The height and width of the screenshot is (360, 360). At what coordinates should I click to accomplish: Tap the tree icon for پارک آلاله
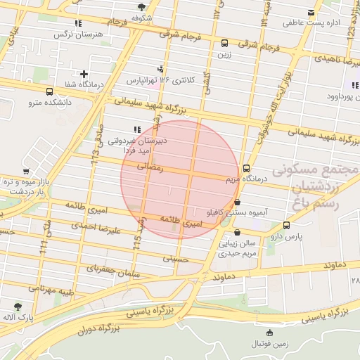(x=18, y=307)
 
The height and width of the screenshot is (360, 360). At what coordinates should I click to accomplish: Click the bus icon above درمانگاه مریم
(x=246, y=169)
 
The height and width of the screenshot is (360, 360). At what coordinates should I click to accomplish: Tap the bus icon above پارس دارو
(x=286, y=226)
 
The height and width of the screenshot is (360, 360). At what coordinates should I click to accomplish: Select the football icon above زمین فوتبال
(x=269, y=333)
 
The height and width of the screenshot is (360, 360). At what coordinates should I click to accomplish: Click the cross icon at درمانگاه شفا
(x=84, y=74)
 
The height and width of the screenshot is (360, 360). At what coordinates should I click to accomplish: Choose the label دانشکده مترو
(x=50, y=103)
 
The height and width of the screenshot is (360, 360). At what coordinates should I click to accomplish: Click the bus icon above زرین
(x=224, y=43)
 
